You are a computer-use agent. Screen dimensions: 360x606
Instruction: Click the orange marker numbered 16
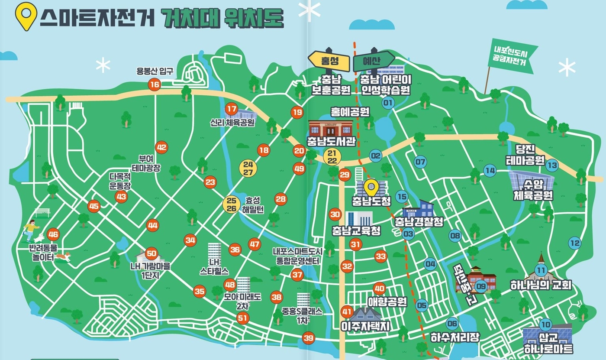click(x=154, y=84)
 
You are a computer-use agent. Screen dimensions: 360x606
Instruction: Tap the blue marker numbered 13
click(x=552, y=165)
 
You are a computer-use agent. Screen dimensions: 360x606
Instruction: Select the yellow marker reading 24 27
click(x=248, y=169)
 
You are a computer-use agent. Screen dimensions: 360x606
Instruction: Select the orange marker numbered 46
click(x=53, y=234)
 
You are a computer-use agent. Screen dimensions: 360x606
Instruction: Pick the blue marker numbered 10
click(x=545, y=324)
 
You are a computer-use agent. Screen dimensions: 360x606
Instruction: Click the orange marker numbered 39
click(x=308, y=338)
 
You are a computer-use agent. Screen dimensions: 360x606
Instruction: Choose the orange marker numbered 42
click(x=162, y=147)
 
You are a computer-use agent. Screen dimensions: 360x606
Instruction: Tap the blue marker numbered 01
click(x=387, y=103)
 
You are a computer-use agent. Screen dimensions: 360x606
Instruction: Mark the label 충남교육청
click(x=356, y=230)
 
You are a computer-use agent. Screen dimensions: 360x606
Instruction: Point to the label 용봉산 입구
click(x=155, y=71)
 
